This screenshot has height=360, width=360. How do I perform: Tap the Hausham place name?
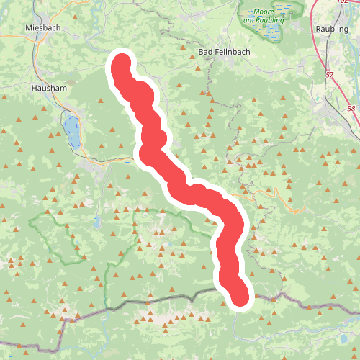click(49, 87)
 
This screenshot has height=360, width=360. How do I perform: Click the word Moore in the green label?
click(266, 11)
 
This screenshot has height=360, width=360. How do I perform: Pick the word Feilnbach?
click(227, 53)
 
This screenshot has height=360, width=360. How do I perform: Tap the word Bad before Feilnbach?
click(204, 53)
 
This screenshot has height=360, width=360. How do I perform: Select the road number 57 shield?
click(330, 74)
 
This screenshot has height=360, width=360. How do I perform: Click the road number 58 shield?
click(351, 109)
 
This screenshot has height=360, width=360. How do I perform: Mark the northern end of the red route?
click(119, 64)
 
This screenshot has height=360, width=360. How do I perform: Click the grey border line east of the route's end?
click(288, 298)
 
